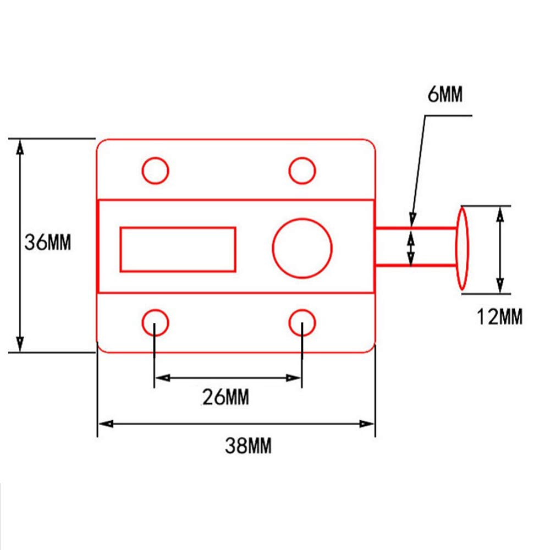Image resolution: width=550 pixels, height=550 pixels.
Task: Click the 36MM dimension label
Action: coord(48,242)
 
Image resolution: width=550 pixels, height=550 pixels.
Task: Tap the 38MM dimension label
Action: coord(249,446)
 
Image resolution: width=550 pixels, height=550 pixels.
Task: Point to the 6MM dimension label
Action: coord(445,94)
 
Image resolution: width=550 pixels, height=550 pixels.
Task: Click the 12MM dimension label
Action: coord(499,316)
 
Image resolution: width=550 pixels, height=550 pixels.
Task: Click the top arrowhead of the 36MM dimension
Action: coord(20,147)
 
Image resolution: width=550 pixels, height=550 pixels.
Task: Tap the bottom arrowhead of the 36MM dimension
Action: coord(20,344)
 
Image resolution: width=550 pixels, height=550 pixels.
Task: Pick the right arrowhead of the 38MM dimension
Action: coord(367,424)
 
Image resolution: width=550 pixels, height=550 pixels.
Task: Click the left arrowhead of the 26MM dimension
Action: coord(163,378)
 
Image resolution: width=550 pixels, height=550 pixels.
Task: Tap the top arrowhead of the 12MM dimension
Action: coord(501,215)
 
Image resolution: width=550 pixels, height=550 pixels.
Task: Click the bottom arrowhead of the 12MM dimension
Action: coord(501,285)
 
